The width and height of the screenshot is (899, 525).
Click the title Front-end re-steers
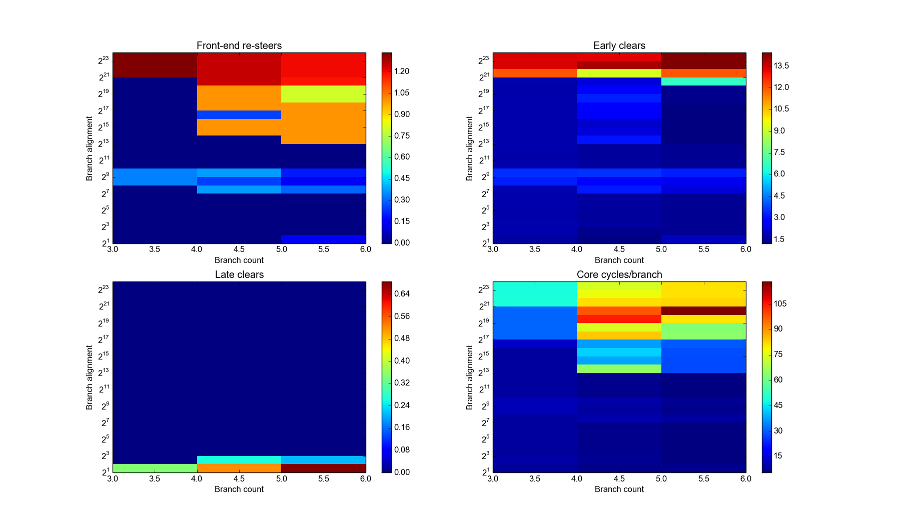pyautogui.click(x=239, y=45)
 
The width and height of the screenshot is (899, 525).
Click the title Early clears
pyautogui.click(x=619, y=45)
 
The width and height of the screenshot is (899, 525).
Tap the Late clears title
pyautogui.click(x=239, y=274)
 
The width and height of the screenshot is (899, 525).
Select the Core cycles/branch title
pyautogui.click(x=619, y=274)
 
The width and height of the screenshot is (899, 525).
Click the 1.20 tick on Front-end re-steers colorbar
pyautogui.click(x=401, y=71)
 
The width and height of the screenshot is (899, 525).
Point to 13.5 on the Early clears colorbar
pyautogui.click(x=781, y=65)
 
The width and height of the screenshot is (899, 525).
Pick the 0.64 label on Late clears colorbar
pyautogui.click(x=401, y=293)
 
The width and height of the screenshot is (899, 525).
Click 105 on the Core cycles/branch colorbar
pyautogui.click(x=780, y=303)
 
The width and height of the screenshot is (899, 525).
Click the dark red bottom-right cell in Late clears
pyautogui.click(x=323, y=468)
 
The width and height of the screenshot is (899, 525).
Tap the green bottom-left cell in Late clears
pyautogui.click(x=155, y=468)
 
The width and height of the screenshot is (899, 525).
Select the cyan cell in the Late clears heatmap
pyautogui.click(x=239, y=459)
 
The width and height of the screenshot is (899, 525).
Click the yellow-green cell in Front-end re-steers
pyautogui.click(x=323, y=94)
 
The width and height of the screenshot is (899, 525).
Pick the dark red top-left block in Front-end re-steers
pyautogui.click(x=155, y=65)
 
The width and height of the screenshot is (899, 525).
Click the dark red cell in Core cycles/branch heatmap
pyautogui.click(x=703, y=310)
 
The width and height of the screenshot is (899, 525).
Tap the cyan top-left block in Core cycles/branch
pyautogui.click(x=534, y=294)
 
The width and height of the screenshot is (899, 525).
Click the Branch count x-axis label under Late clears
pyautogui.click(x=239, y=489)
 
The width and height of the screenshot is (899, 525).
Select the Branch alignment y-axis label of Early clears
pyautogui.click(x=469, y=148)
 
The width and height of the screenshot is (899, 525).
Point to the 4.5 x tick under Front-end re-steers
pyautogui.click(x=239, y=249)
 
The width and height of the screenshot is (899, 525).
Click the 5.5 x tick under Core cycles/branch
pyautogui.click(x=703, y=478)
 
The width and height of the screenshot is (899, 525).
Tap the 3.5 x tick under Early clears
pyautogui.click(x=534, y=249)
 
